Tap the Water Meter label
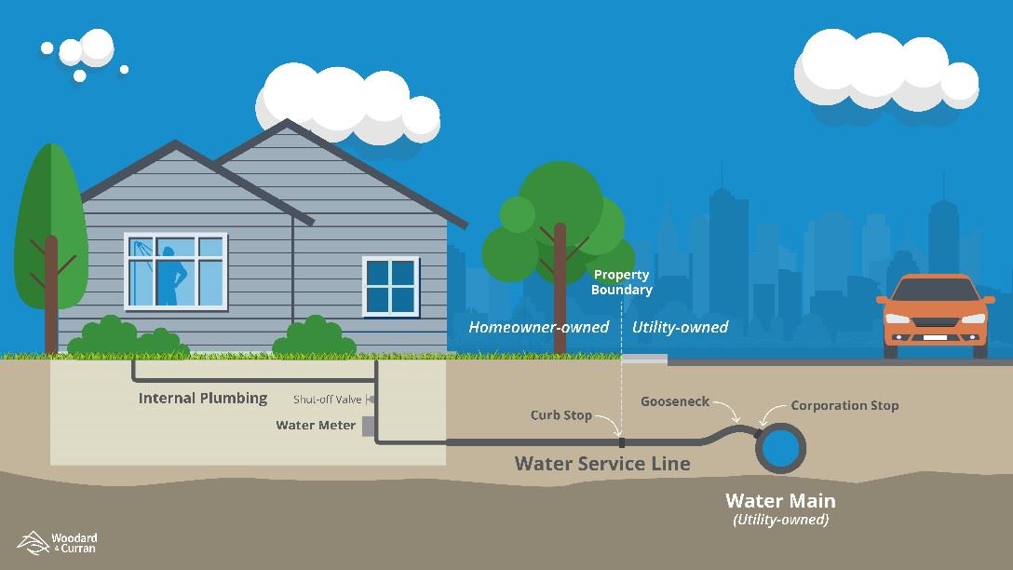click(x=316, y=426)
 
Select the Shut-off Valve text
click(x=327, y=400)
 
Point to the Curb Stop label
click(x=561, y=415)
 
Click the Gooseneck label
click(x=674, y=402)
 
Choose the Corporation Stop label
click(x=844, y=406)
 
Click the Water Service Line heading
click(x=602, y=463)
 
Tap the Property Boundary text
click(x=622, y=282)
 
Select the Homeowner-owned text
click(x=538, y=328)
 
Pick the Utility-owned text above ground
click(x=680, y=328)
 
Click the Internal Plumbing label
click(x=202, y=399)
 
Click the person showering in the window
click(x=170, y=276)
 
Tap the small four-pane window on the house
click(x=390, y=285)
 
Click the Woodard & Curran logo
click(x=58, y=543)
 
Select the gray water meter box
click(x=368, y=426)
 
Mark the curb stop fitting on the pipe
click(x=620, y=441)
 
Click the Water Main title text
click(x=780, y=501)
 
